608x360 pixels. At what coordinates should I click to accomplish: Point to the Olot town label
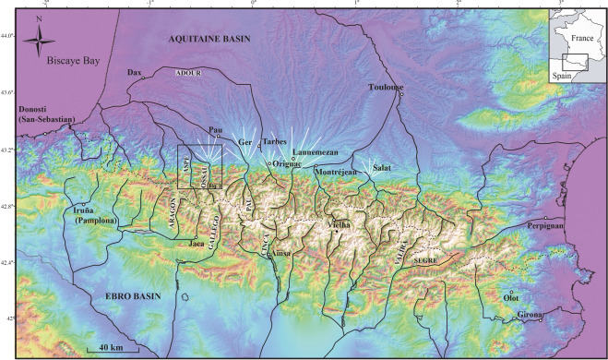coord(511,298)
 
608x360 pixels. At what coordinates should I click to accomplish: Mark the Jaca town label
coord(197,243)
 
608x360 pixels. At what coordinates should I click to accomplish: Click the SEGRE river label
coord(426,261)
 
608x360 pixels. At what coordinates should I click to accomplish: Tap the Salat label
coord(383,167)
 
